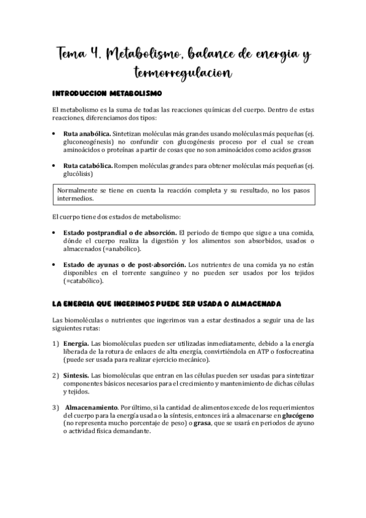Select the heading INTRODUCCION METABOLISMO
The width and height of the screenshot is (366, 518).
(x=106, y=95)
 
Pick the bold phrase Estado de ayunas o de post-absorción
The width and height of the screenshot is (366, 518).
(x=125, y=264)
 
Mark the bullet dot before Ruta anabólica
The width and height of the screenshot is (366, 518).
(x=56, y=133)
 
